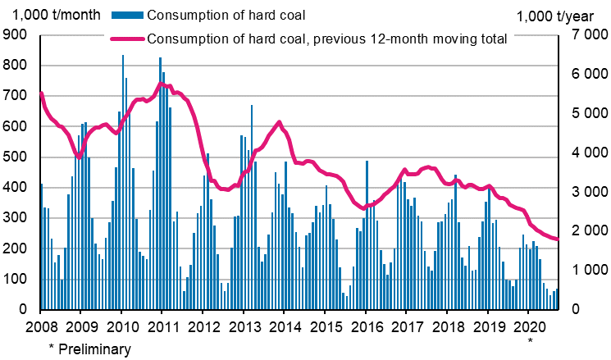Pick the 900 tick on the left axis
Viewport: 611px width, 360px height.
(15, 35)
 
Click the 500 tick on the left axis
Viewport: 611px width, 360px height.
(15, 157)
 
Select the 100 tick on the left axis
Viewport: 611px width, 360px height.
(15, 280)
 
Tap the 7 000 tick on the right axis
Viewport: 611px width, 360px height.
(584, 35)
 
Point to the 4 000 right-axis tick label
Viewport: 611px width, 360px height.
(584, 153)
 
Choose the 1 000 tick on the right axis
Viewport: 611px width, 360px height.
(584, 271)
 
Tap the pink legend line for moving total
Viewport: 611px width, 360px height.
(125, 38)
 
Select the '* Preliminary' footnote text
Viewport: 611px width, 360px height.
(89, 349)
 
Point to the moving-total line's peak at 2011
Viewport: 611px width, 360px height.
(162, 84)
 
